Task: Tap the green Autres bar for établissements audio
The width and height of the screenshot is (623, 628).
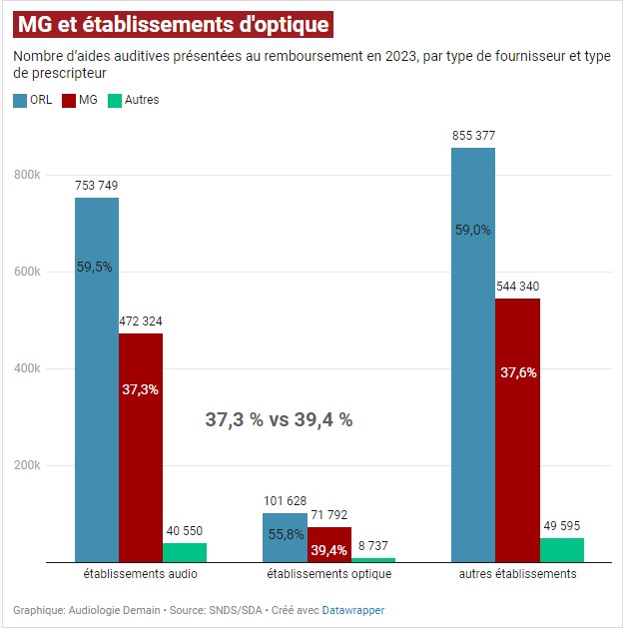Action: pos(185,552)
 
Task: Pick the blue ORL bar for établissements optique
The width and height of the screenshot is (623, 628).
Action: pos(285,539)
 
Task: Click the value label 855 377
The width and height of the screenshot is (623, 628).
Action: pos(473,136)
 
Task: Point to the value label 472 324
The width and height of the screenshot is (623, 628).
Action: pos(140,321)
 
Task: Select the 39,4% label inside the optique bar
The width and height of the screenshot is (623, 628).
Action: pos(328,550)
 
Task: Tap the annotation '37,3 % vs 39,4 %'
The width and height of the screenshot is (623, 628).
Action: pos(279,420)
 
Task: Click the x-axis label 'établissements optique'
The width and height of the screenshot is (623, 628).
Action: pos(328,575)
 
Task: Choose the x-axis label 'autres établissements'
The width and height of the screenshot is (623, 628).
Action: pos(517,575)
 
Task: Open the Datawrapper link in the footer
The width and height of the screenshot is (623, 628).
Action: pos(352,610)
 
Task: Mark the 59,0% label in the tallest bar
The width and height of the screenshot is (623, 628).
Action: pos(473,230)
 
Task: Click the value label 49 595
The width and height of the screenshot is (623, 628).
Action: pos(561,526)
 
